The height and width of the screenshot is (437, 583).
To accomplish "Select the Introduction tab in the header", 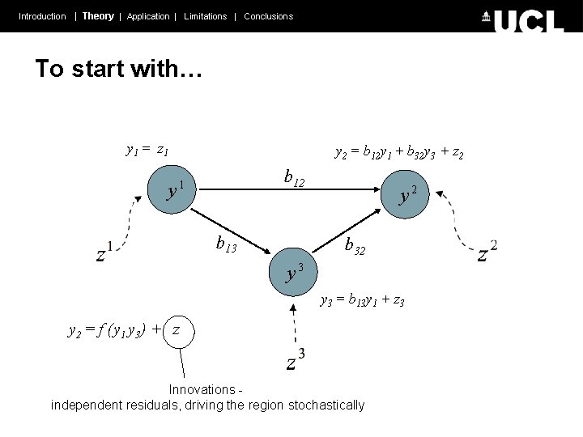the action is (x=42, y=16).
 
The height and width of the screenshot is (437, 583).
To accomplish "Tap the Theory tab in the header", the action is (x=98, y=16).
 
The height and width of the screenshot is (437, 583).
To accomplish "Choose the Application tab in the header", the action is (x=148, y=16).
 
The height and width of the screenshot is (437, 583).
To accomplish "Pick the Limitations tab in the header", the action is (x=205, y=16).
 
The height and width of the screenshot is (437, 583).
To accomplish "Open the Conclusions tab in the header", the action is (x=268, y=16).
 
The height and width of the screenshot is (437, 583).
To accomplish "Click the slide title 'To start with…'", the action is (x=118, y=69).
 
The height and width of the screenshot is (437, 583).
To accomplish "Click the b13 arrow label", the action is (x=226, y=242).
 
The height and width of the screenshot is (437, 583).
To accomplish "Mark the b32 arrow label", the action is (x=355, y=245).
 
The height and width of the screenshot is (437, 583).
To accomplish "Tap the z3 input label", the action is (x=296, y=360).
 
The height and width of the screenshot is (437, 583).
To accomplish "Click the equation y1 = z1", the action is (x=147, y=150).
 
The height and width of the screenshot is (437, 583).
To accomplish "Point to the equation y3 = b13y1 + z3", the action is (x=362, y=301).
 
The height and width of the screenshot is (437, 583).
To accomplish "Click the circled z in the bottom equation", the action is (x=177, y=330).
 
